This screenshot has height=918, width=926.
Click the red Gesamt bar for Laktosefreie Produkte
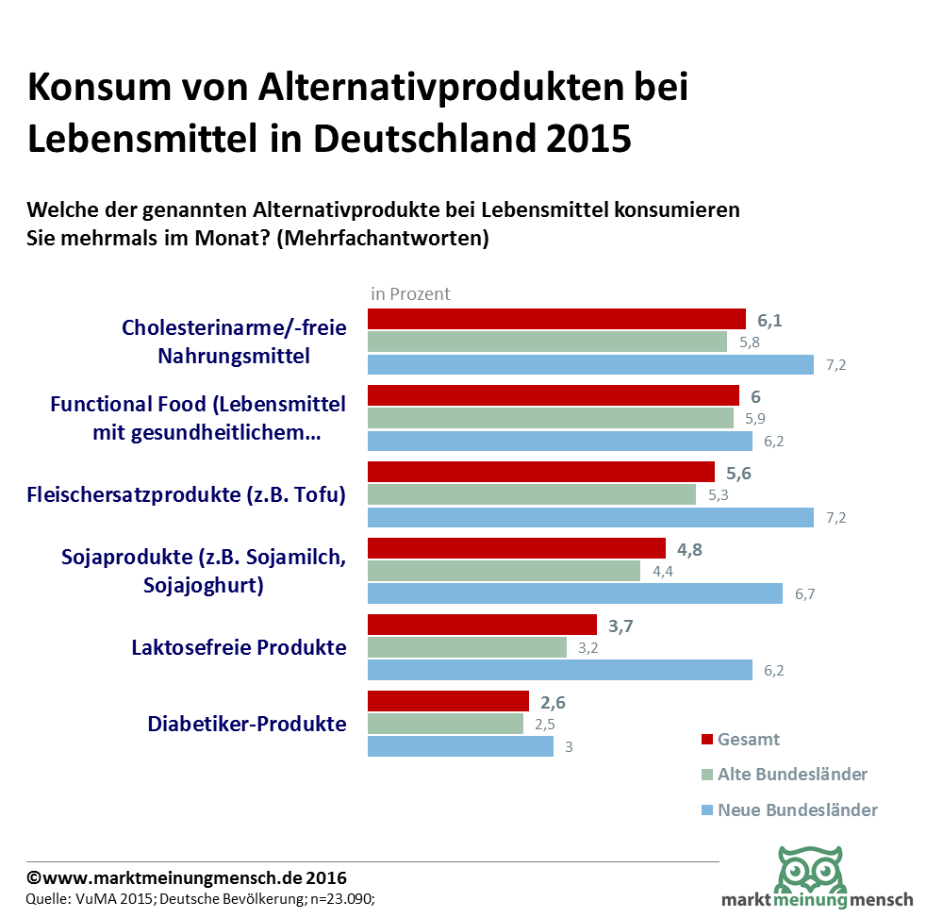point(481,625)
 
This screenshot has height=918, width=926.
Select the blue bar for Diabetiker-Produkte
point(459,746)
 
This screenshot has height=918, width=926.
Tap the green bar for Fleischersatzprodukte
point(531,494)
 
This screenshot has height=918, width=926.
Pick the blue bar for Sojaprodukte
point(574,593)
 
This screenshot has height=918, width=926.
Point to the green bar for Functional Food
point(550,418)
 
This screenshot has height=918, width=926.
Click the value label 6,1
point(769,321)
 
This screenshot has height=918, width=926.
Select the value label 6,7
point(806,594)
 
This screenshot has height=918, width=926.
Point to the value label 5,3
point(718,495)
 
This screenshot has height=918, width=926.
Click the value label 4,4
point(662,572)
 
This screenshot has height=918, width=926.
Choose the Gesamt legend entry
point(748,740)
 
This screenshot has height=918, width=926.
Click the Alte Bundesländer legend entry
point(791,775)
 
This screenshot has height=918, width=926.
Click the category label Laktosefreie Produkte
point(239,647)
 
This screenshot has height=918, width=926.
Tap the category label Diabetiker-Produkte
point(247,724)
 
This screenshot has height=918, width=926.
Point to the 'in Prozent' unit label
point(410,293)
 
